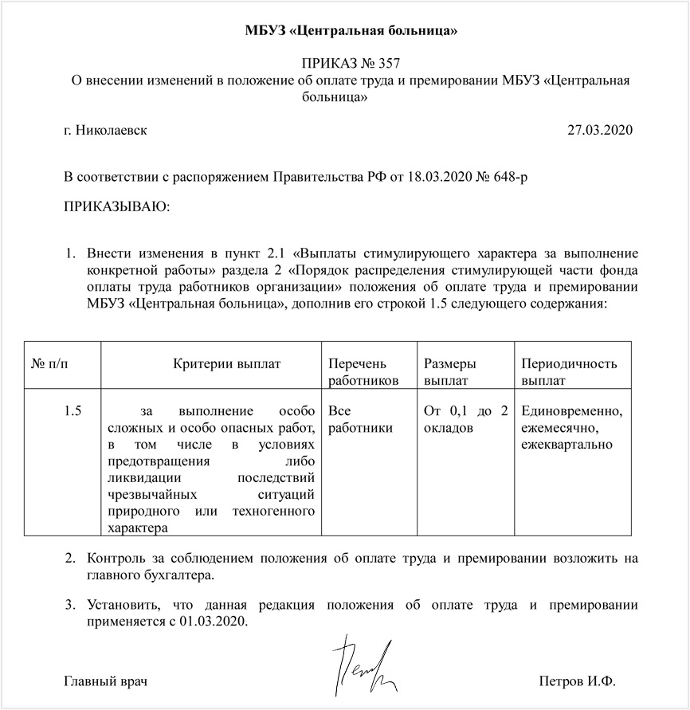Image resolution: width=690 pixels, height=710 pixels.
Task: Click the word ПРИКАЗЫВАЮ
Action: click(116, 207)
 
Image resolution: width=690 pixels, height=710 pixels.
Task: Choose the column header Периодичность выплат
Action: click(569, 372)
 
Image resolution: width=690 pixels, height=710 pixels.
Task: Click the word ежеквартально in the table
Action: click(567, 444)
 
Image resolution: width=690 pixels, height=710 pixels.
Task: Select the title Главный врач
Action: click(106, 682)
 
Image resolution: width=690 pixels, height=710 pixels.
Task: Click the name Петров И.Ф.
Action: click(578, 682)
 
